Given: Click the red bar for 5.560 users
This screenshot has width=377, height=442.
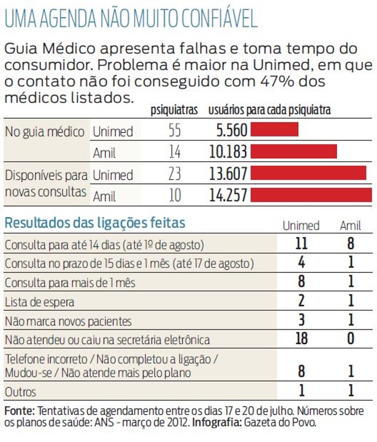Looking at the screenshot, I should [x=274, y=130].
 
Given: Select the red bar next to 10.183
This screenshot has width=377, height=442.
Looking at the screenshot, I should [x=294, y=151].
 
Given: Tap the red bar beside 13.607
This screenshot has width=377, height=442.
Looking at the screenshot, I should [x=308, y=173].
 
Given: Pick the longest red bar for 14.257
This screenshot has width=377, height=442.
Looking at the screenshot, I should [x=311, y=195].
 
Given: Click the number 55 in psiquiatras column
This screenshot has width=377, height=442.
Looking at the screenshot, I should [x=175, y=131].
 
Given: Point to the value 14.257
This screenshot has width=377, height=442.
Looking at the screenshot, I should [x=228, y=195].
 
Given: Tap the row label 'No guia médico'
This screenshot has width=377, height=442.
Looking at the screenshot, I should [x=45, y=131].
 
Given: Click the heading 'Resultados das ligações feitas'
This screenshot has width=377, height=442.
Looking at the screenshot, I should [x=95, y=223].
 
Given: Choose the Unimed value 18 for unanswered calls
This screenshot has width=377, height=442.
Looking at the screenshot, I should [x=300, y=339].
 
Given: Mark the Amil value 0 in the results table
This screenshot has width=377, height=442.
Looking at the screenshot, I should [x=351, y=339].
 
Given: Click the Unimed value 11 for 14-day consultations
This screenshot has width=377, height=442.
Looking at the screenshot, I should [x=300, y=244].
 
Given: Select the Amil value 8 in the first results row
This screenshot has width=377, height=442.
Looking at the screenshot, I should [x=351, y=244].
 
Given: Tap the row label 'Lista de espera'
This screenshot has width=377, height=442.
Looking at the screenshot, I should [x=39, y=302].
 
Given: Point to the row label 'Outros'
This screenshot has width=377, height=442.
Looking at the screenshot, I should [x=20, y=392].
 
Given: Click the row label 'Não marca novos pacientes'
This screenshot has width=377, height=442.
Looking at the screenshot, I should [x=68, y=321].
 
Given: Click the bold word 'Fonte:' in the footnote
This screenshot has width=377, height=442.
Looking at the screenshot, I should [x=19, y=411].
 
